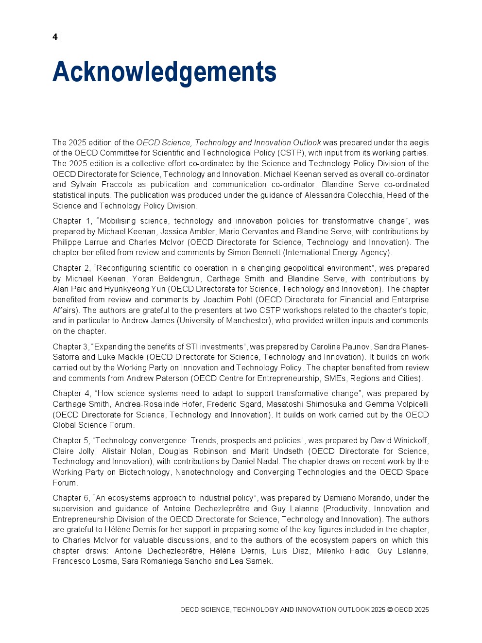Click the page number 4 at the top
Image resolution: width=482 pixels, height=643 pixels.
55,37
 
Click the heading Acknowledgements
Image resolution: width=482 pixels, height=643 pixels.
164,72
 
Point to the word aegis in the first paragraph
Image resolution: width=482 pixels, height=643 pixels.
419,142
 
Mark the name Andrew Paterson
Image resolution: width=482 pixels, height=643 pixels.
157,379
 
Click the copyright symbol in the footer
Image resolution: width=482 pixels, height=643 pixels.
390,610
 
